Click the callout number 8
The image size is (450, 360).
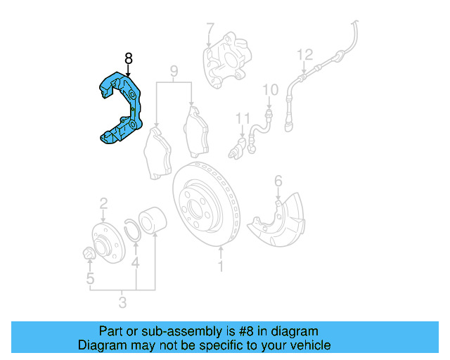(128, 58)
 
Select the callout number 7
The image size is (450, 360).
(210, 30)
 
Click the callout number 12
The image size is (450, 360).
(304, 54)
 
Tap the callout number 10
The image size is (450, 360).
(270, 90)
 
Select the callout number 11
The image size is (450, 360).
(243, 117)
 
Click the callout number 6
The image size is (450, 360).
(278, 182)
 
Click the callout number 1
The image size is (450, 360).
(221, 266)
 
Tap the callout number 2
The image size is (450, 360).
(103, 204)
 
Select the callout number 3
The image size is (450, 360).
(122, 303)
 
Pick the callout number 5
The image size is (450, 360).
(90, 280)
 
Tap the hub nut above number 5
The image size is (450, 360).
(89, 254)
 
